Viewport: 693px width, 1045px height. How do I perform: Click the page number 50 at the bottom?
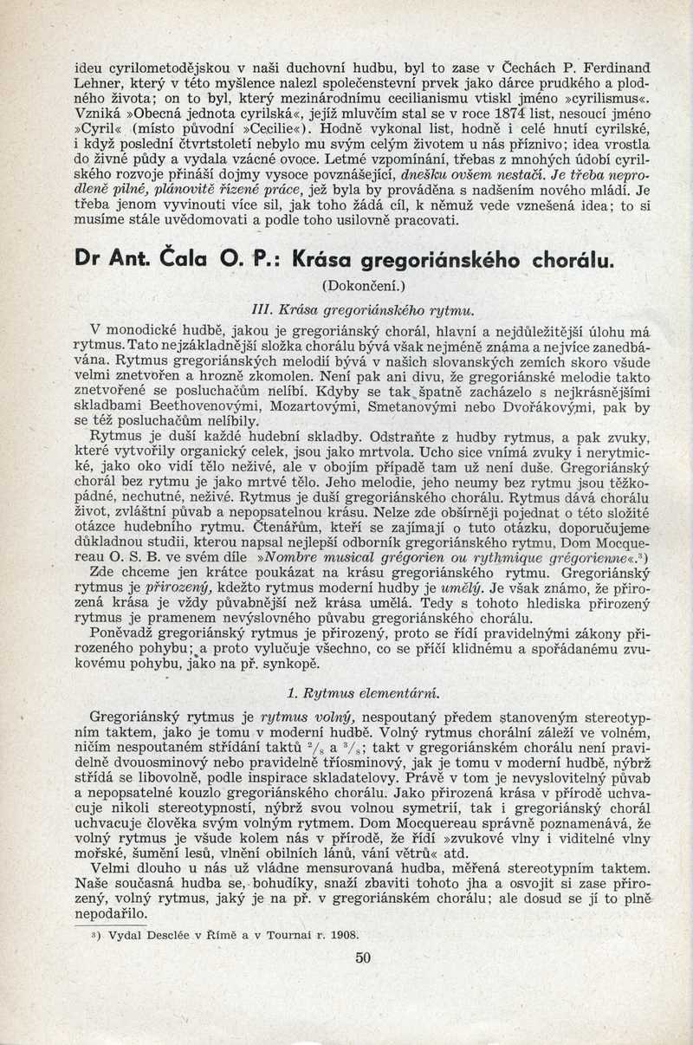pos(363,957)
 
